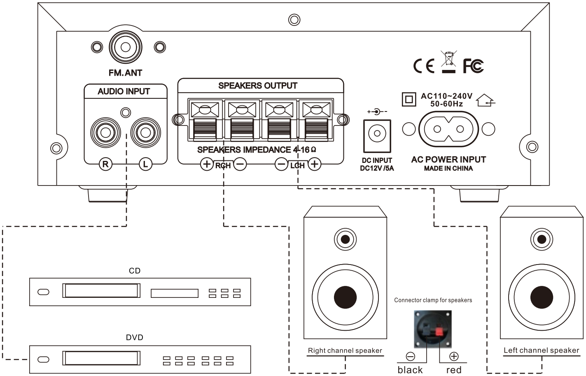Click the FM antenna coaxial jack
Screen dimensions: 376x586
coord(126,47)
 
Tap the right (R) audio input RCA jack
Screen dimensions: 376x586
coord(105,132)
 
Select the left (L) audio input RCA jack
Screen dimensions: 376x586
coord(145,132)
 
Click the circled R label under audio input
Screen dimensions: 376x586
coord(105,164)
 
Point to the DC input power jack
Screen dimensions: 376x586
coord(377,134)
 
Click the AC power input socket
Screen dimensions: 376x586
coord(448,129)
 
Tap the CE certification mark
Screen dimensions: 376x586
coord(424,66)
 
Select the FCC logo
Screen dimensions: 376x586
coord(473,66)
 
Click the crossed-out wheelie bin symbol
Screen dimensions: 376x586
coord(448,60)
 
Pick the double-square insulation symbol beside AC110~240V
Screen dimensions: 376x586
coord(409,99)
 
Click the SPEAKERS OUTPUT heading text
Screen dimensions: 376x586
coord(258,86)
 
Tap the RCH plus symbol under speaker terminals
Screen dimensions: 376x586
coord(207,164)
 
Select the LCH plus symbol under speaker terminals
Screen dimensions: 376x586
coord(315,164)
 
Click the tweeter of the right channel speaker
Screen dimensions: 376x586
coord(345,239)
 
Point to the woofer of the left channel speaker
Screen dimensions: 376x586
coord(542,297)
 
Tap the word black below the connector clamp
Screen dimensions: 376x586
coord(410,370)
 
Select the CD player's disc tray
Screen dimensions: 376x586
coord(101,291)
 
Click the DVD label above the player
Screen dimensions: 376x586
coord(134,337)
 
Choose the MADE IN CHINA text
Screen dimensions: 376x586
coord(448,168)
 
